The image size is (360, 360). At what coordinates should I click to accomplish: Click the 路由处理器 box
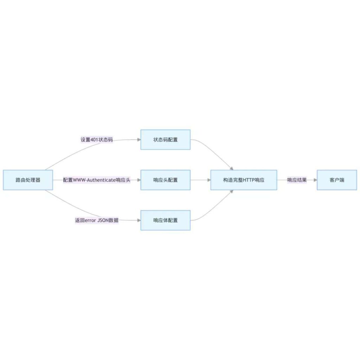tap(28, 180)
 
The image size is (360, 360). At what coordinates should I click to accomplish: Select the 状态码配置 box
tap(165, 140)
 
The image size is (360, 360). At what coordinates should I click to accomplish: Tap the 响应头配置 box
tap(165, 180)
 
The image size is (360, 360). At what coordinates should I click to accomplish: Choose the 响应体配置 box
tap(165, 220)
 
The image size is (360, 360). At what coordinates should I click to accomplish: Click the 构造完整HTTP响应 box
tap(244, 180)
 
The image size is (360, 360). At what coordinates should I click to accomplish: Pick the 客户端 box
tap(337, 180)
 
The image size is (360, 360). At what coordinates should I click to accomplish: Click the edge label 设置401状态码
tap(97, 140)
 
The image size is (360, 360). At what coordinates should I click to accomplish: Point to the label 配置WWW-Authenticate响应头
tap(97, 180)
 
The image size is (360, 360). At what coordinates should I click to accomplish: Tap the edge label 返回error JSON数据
tap(97, 220)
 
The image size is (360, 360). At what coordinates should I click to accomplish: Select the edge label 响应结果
tap(297, 180)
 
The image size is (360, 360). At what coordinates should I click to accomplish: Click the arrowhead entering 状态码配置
tap(139, 140)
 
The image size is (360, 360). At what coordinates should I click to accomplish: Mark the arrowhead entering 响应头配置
tap(139, 180)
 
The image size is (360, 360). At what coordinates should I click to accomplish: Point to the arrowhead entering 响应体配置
tap(139, 220)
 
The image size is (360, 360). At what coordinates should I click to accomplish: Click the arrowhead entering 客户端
tap(315, 180)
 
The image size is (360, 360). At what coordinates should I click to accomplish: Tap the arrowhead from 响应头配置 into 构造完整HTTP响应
tap(209, 180)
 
